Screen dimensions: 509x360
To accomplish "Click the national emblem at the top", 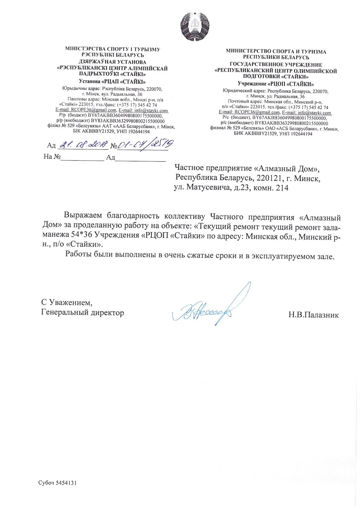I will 195,27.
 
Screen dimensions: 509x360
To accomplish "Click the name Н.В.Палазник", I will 314,315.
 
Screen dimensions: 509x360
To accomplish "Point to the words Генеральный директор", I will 83,312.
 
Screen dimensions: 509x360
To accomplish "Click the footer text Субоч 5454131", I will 57,483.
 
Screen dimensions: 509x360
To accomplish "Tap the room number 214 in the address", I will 282,188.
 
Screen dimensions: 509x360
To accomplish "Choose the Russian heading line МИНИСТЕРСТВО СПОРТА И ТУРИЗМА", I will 276,51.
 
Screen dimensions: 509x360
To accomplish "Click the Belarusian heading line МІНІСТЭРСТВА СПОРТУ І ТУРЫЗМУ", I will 113,49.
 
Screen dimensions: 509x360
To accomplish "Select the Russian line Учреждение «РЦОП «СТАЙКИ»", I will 276,84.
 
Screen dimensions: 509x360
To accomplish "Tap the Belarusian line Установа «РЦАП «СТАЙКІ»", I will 112,81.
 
